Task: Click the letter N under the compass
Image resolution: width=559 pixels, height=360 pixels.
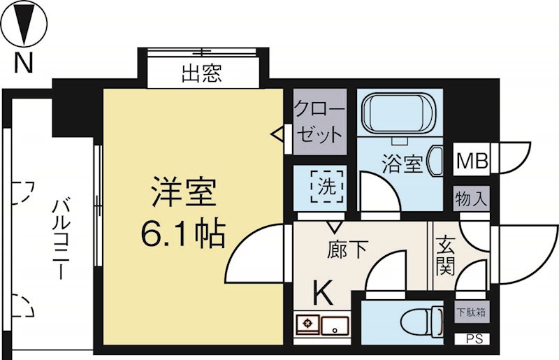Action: (x=24, y=64)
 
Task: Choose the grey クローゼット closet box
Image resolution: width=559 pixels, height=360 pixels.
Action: (x=319, y=122)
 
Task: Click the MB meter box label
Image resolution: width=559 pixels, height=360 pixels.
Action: (x=472, y=161)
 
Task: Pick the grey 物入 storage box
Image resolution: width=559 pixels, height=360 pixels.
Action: (x=472, y=198)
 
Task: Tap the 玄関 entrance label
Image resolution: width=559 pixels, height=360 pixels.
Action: (x=444, y=256)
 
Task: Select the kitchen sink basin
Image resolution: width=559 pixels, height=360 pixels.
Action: (x=335, y=324)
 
